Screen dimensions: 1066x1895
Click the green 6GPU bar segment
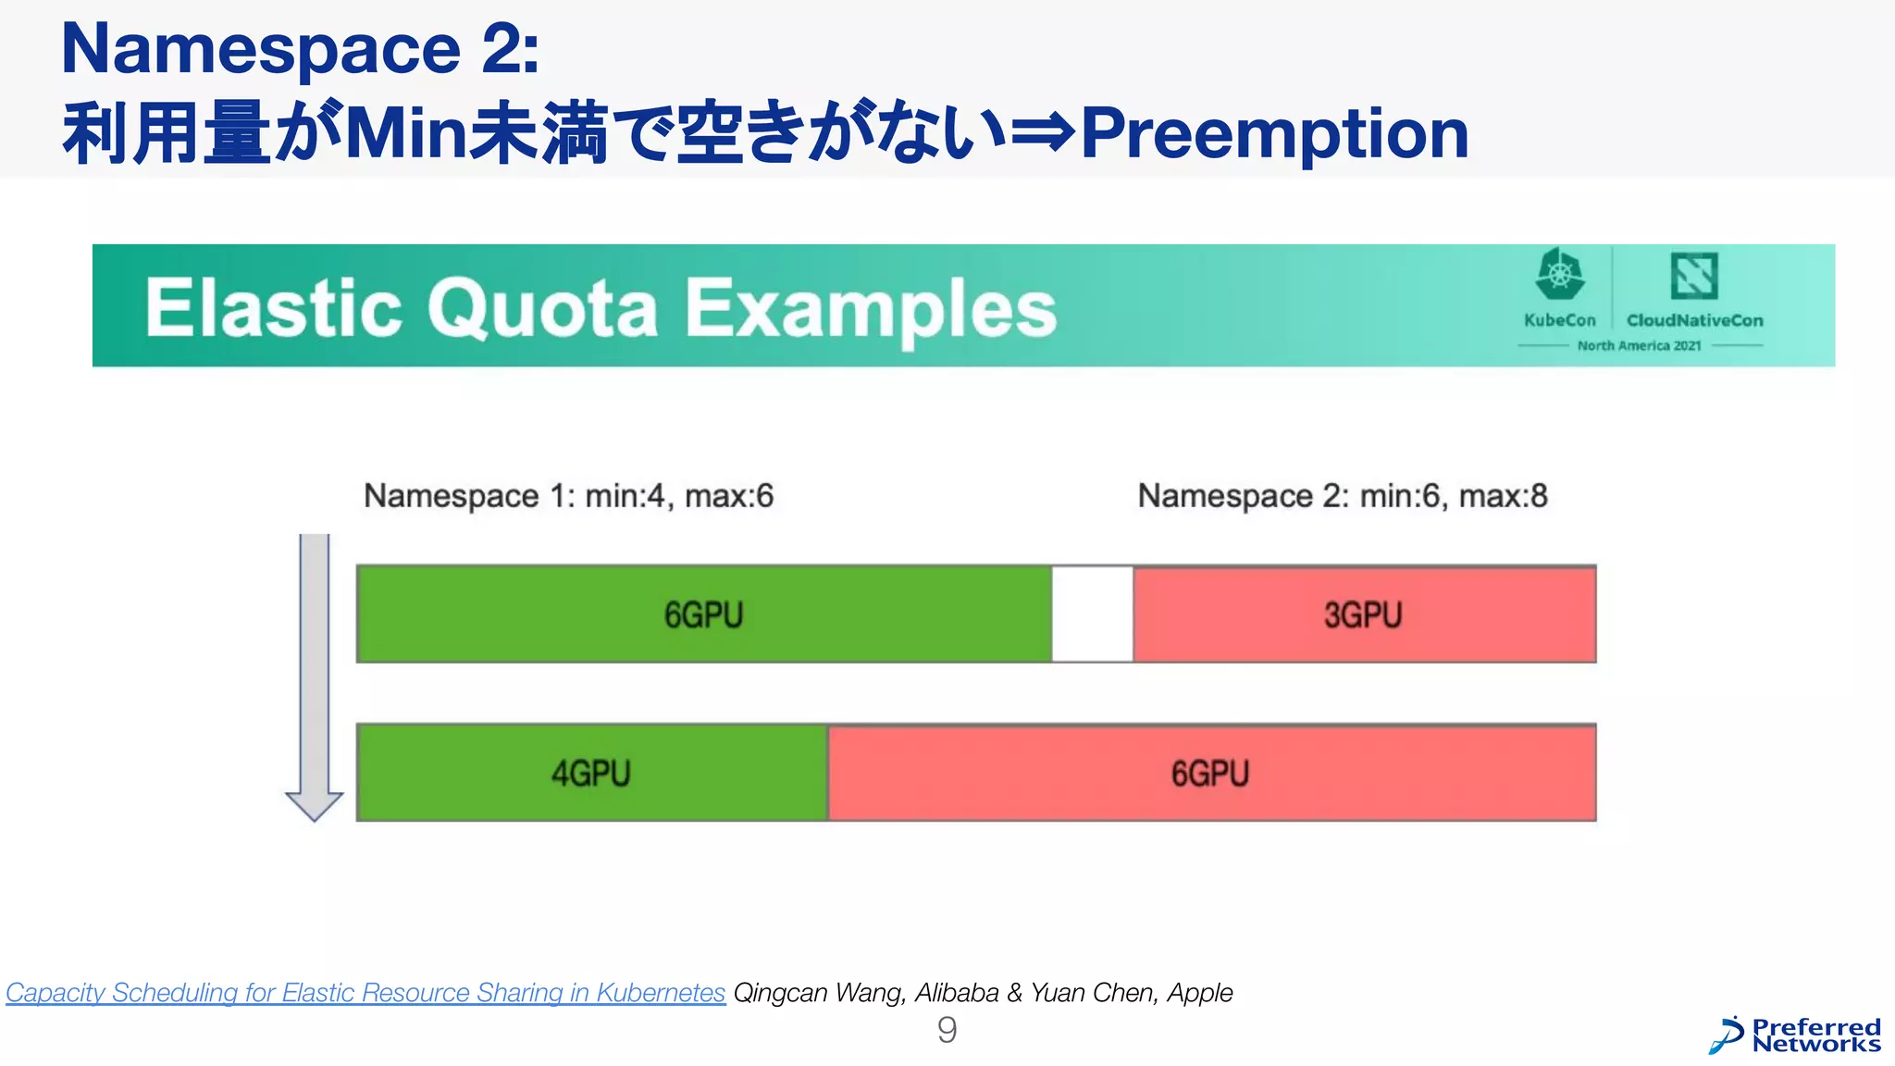(x=703, y=614)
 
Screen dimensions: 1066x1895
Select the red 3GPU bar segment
(x=1364, y=614)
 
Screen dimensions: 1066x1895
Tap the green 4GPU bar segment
(x=591, y=773)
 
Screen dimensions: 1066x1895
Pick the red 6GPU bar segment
(x=1211, y=773)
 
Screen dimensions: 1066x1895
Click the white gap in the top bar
(x=1092, y=614)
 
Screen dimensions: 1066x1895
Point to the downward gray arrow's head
(x=314, y=805)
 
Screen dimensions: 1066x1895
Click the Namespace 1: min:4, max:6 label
(x=568, y=496)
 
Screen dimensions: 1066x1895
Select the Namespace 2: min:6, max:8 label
(x=1342, y=496)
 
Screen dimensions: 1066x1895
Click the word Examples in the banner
(x=871, y=310)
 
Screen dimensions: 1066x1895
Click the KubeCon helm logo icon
(x=1560, y=275)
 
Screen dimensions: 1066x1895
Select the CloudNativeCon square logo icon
(x=1694, y=276)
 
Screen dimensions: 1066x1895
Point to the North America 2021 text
(x=1639, y=345)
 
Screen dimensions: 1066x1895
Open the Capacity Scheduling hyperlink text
(x=365, y=993)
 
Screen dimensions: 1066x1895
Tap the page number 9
(x=947, y=1030)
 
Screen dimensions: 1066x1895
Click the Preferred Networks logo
(x=1795, y=1035)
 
